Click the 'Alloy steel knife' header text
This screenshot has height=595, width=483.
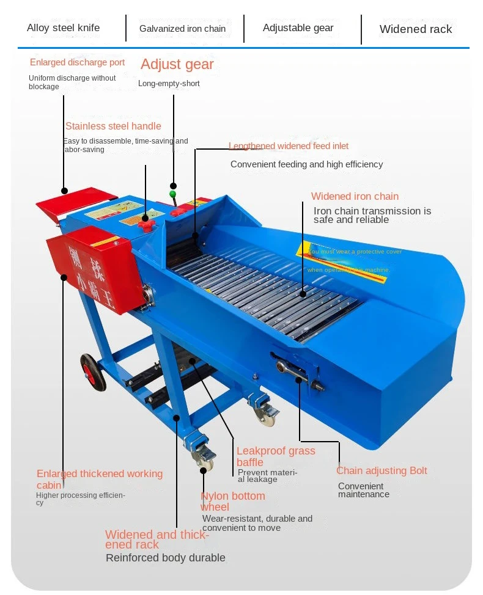coord(63,27)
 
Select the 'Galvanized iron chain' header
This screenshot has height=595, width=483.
coord(182,29)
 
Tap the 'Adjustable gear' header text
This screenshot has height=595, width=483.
coord(298,27)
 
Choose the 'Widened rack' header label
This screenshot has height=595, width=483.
coord(416,29)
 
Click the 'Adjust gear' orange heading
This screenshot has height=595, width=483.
coord(177,64)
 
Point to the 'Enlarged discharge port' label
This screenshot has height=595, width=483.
coord(77,62)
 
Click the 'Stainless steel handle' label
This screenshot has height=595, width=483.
coord(113,126)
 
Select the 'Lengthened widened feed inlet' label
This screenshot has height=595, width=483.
coord(289,146)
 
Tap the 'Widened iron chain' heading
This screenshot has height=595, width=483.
coord(355,196)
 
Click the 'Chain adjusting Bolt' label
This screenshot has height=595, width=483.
coord(382,470)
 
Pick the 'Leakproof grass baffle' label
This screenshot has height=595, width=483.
coord(276,456)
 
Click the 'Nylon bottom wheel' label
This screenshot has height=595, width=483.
coord(233,501)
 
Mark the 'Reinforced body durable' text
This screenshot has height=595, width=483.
coord(165,558)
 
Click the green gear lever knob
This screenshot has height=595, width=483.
coord(172,194)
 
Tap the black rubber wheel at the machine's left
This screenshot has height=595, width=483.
coord(93,371)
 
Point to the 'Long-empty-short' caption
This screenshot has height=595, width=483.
coord(169,84)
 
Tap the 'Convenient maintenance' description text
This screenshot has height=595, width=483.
coord(363,490)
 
